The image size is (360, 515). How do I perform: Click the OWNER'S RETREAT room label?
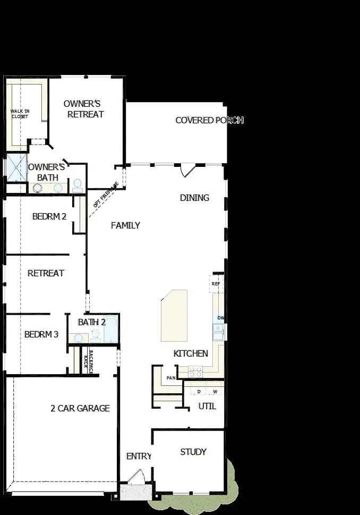coord(83,109)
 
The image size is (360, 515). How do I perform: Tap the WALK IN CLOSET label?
coord(20,114)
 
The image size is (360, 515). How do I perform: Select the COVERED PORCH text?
coord(209,121)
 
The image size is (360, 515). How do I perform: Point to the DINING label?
coord(194,198)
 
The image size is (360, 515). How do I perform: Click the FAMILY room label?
coord(125,225)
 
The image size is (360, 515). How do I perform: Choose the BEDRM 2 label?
coord(49,216)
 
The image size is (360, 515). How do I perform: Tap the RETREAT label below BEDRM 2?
coord(46,273)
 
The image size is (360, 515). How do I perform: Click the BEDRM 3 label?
coord(41,335)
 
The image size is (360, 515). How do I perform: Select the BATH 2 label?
coord(92,322)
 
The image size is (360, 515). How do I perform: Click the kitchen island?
coord(175,316)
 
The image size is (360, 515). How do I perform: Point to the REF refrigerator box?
coord(216,284)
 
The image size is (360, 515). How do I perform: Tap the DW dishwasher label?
coord(221,318)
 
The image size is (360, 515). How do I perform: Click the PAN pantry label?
coord(171,378)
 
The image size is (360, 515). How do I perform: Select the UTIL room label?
coord(207,406)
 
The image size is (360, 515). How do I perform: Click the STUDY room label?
coord(193,452)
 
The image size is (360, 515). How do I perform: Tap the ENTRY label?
coord(139,457)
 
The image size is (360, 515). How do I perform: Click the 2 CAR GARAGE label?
coord(80,408)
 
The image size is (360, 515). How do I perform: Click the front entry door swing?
coord(136,477)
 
